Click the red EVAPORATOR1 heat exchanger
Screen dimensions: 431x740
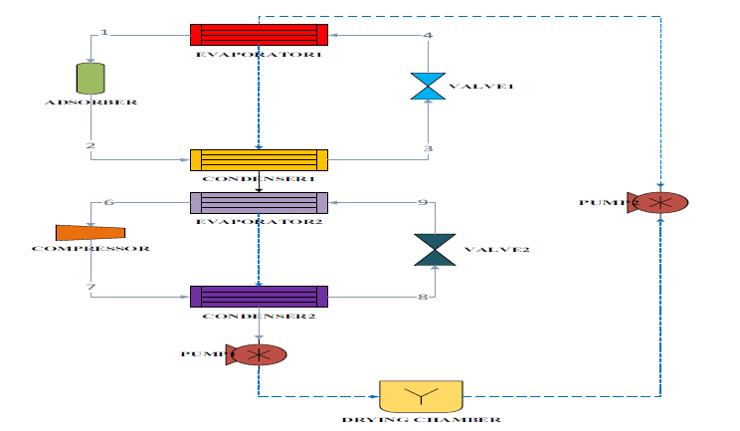click(259, 35)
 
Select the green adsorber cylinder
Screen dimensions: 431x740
click(91, 79)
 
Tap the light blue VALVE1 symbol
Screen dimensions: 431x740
click(428, 86)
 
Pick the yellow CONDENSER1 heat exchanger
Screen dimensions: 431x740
click(259, 159)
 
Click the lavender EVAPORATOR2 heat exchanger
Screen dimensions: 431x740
click(259, 202)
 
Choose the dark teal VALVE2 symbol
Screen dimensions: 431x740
click(434, 250)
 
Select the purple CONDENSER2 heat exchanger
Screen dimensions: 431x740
click(259, 296)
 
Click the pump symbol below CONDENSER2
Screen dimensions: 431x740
click(258, 353)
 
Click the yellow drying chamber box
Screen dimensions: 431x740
click(421, 396)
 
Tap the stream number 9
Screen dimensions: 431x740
click(422, 203)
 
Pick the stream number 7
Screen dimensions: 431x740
click(92, 288)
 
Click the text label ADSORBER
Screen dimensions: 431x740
click(91, 103)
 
